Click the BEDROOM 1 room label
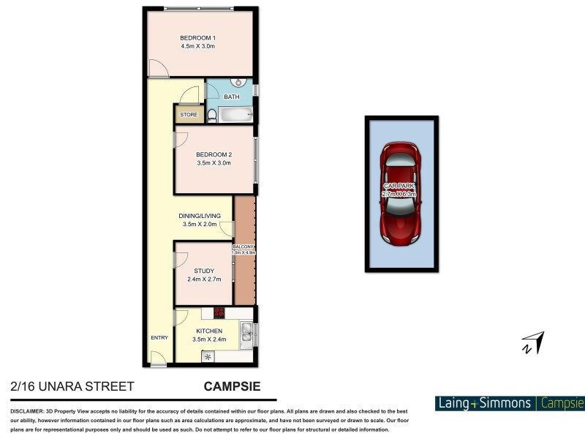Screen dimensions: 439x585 pyautogui.click(x=197, y=38)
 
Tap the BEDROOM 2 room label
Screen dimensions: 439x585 pyautogui.click(x=214, y=154)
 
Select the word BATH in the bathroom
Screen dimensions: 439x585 pyautogui.click(x=231, y=97)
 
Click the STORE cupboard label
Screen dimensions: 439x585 pyautogui.click(x=189, y=115)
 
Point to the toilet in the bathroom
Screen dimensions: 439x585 pyautogui.click(x=212, y=115)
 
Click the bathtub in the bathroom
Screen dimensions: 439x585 pyautogui.click(x=235, y=116)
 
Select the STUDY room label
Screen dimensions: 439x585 pyautogui.click(x=204, y=271)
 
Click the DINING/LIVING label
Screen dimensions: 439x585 pyautogui.click(x=200, y=216)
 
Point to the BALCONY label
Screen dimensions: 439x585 pyautogui.click(x=244, y=247)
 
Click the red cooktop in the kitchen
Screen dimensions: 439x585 pyautogui.click(x=218, y=313)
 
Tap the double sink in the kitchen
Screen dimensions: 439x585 pyautogui.click(x=249, y=334)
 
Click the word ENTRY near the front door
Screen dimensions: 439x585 pyautogui.click(x=159, y=337)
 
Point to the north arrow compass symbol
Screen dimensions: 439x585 pyautogui.click(x=534, y=342)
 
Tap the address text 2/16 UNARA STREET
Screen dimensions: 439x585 pyautogui.click(x=62, y=386)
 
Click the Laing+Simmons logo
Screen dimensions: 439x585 pyautogui.click(x=485, y=403)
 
